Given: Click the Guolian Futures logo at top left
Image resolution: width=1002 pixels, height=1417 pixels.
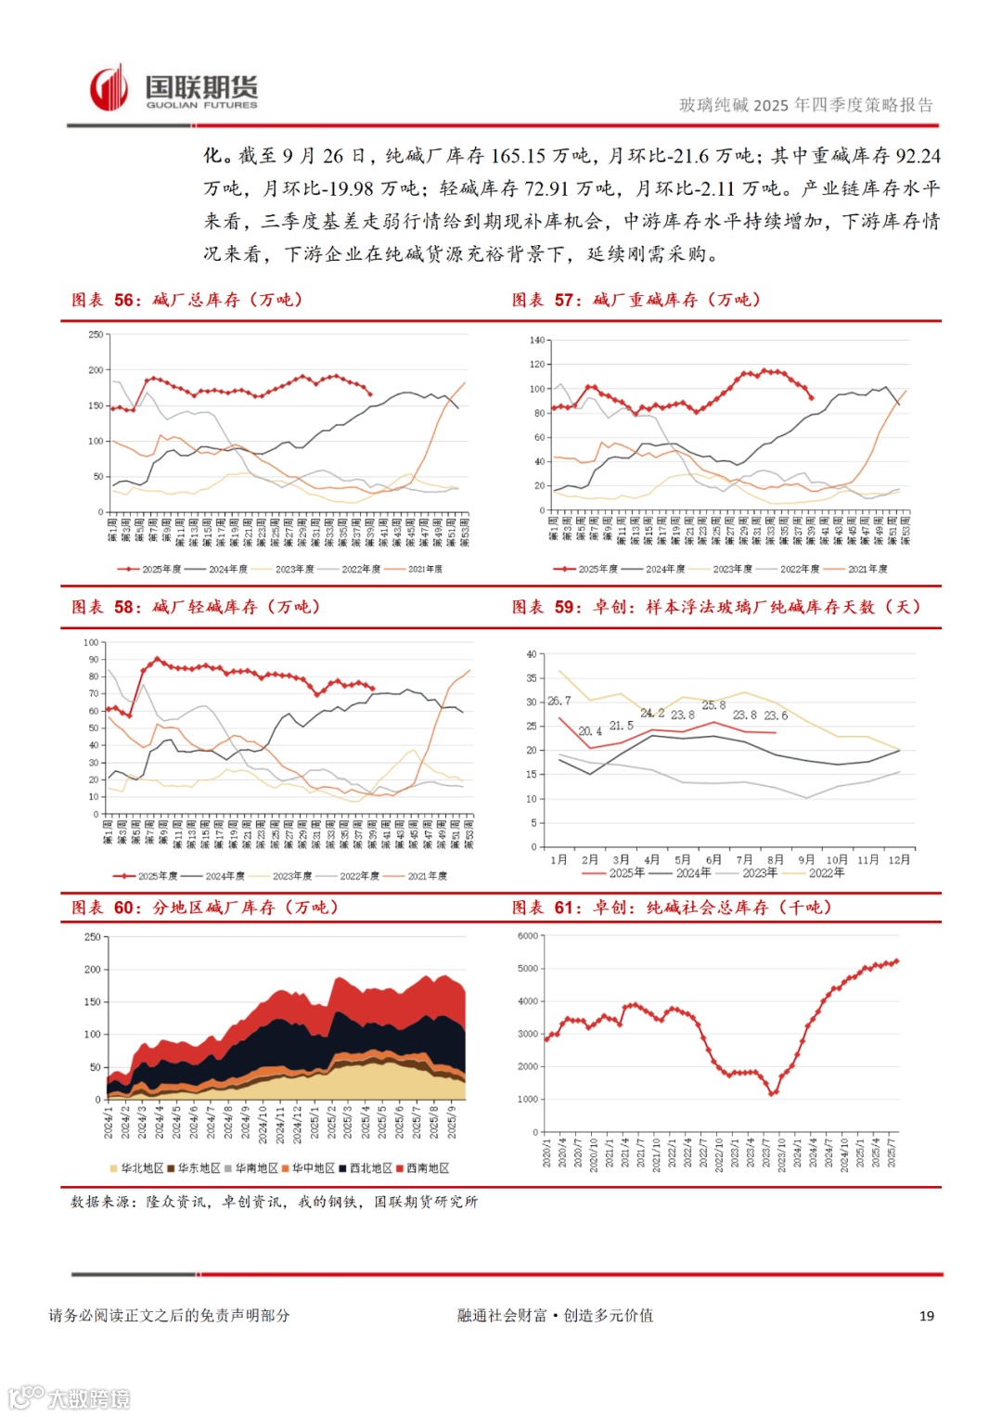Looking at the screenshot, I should click(x=173, y=90).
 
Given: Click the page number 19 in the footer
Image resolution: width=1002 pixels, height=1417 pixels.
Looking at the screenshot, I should click(x=926, y=1316).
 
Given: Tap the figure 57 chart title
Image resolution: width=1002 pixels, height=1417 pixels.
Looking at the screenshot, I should click(x=636, y=300).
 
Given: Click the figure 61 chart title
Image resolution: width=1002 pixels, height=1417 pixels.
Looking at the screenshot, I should click(x=672, y=908).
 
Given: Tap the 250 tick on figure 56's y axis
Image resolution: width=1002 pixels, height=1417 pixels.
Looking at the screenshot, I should click(x=96, y=335).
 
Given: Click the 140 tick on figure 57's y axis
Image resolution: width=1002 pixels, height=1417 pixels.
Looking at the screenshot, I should click(x=537, y=341).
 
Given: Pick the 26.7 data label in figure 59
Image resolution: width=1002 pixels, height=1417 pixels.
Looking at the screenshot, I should click(x=559, y=701).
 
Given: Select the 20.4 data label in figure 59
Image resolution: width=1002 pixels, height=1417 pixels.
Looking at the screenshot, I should click(x=590, y=731).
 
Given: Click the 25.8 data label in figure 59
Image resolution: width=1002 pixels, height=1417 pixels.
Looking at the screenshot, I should click(x=713, y=705).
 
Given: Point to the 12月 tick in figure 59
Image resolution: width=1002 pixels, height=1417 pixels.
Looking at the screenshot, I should click(x=899, y=860).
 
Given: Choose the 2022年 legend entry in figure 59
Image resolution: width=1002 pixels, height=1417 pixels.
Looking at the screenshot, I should click(x=826, y=873).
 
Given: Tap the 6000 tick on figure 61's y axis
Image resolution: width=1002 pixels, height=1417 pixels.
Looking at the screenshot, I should click(x=527, y=936).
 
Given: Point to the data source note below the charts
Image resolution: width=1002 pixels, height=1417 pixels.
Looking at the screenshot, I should click(x=274, y=1202).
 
